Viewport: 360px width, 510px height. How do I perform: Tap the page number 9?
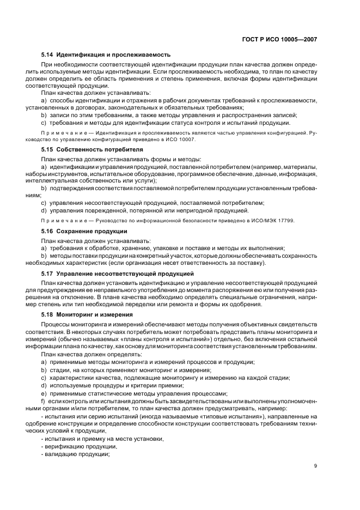316,465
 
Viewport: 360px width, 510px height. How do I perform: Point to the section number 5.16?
48,231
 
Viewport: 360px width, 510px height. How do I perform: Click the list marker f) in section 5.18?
43,401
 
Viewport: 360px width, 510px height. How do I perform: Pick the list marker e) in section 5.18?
44,393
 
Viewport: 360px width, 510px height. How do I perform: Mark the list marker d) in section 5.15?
44,210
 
